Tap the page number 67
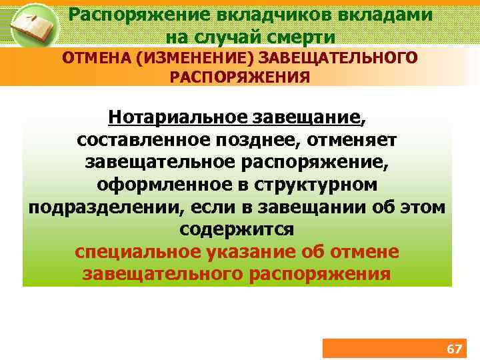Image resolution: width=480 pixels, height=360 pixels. [x=454, y=349]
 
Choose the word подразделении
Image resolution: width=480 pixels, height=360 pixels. [x=104, y=207]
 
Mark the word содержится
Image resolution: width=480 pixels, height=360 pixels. [x=237, y=229]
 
